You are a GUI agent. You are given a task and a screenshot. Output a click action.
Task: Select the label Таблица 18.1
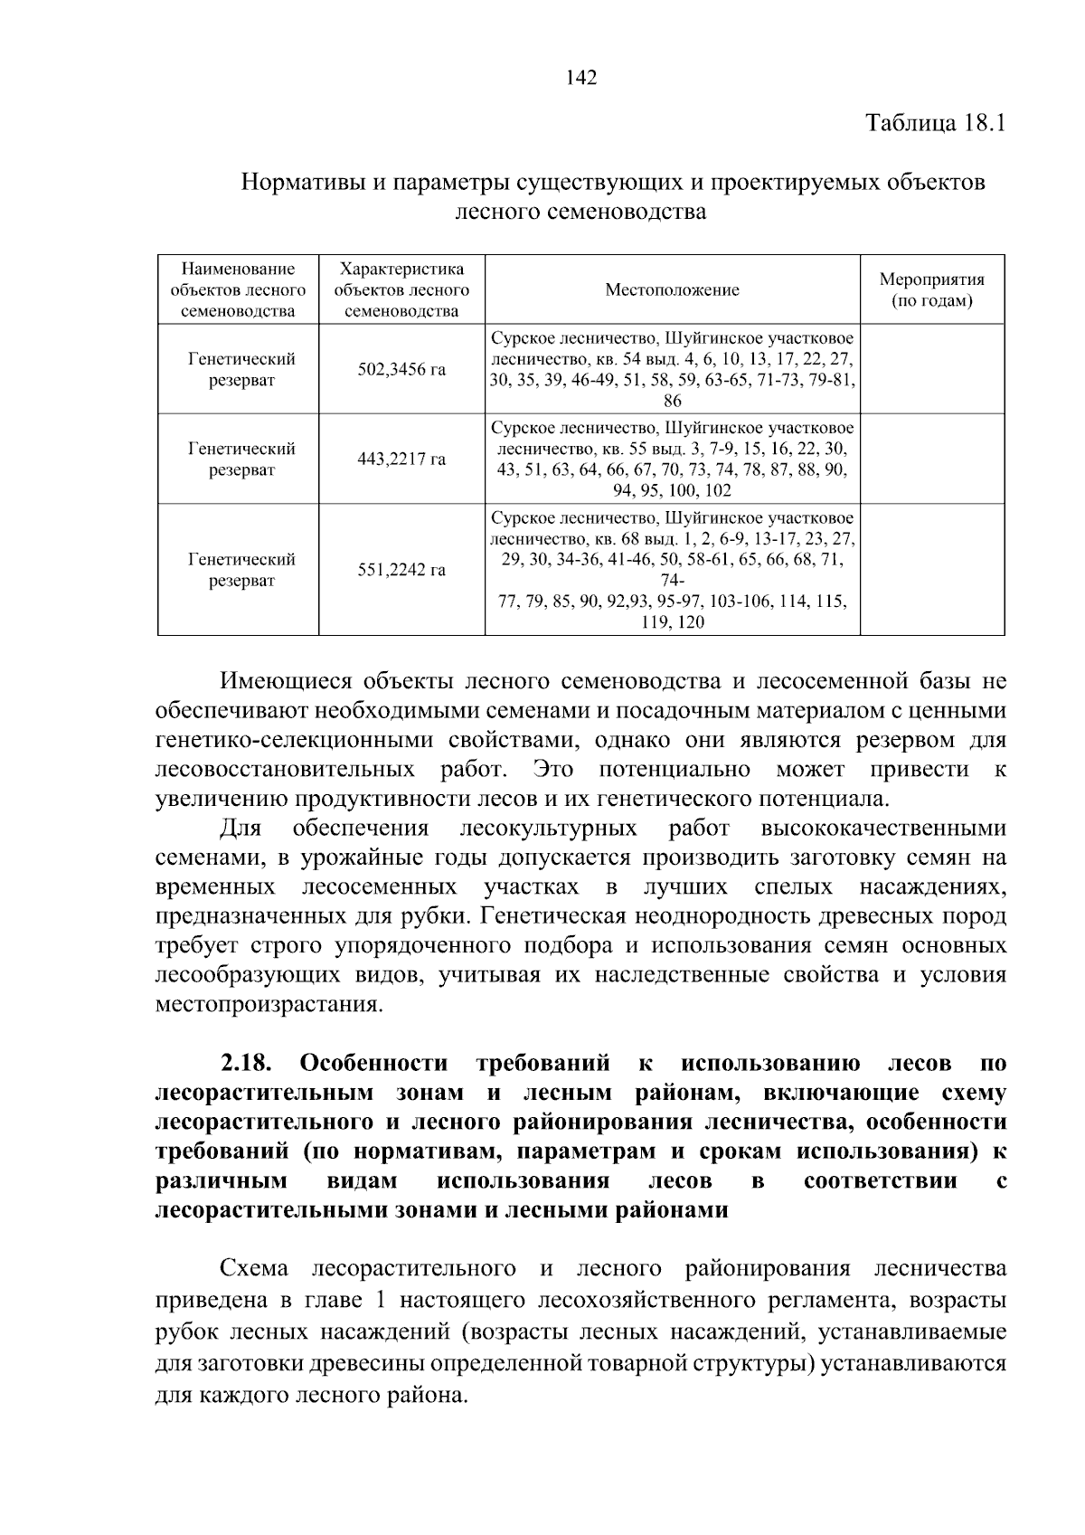pos(936,123)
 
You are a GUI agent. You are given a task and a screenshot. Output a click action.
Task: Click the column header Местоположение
pos(672,290)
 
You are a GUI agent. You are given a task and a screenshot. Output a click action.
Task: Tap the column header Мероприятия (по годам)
pos(931,290)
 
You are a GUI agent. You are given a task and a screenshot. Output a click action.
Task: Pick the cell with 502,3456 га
pos(401,370)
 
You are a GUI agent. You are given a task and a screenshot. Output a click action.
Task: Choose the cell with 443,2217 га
pos(401,460)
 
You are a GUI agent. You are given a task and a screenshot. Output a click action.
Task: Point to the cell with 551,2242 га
pos(401,571)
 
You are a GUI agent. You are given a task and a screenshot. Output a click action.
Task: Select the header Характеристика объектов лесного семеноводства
pos(401,290)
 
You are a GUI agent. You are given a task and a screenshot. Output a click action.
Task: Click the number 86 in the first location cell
pos(672,402)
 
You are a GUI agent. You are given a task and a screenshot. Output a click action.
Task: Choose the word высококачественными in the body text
pos(883,829)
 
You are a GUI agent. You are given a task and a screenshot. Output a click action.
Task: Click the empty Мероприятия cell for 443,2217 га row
pos(931,460)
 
